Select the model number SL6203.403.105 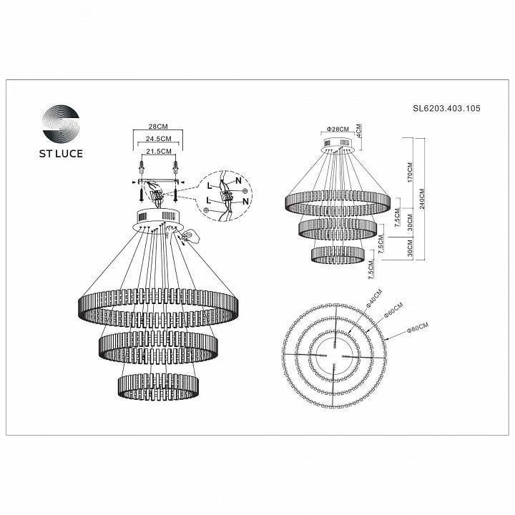pos(446,109)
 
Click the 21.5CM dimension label pos(159,151)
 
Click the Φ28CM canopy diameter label pos(337,129)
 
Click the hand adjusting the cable pos(192,237)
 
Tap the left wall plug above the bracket pos(142,169)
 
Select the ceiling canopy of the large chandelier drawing pos(159,218)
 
